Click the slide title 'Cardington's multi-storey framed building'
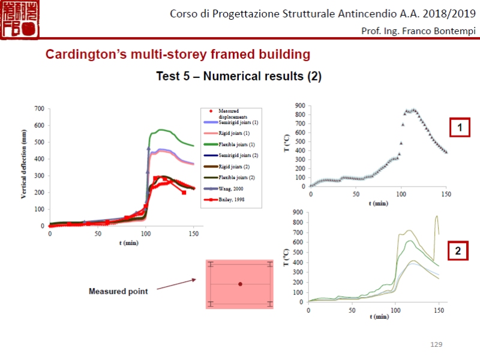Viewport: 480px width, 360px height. tap(178, 55)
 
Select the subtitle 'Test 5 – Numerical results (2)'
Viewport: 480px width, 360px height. tap(239, 76)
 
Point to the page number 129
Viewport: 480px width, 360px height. tap(436, 344)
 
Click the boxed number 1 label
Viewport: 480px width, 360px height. tap(460, 128)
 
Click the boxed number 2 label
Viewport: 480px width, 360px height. tap(458, 251)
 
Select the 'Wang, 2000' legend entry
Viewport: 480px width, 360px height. tap(231, 189)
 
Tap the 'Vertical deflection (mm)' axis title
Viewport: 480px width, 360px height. tap(25, 167)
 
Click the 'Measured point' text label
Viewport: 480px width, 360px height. tap(118, 292)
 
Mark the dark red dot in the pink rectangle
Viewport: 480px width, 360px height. tap(240, 284)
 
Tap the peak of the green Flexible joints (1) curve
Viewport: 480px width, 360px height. tap(161, 130)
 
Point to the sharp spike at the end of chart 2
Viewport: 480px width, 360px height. tap(437, 217)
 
